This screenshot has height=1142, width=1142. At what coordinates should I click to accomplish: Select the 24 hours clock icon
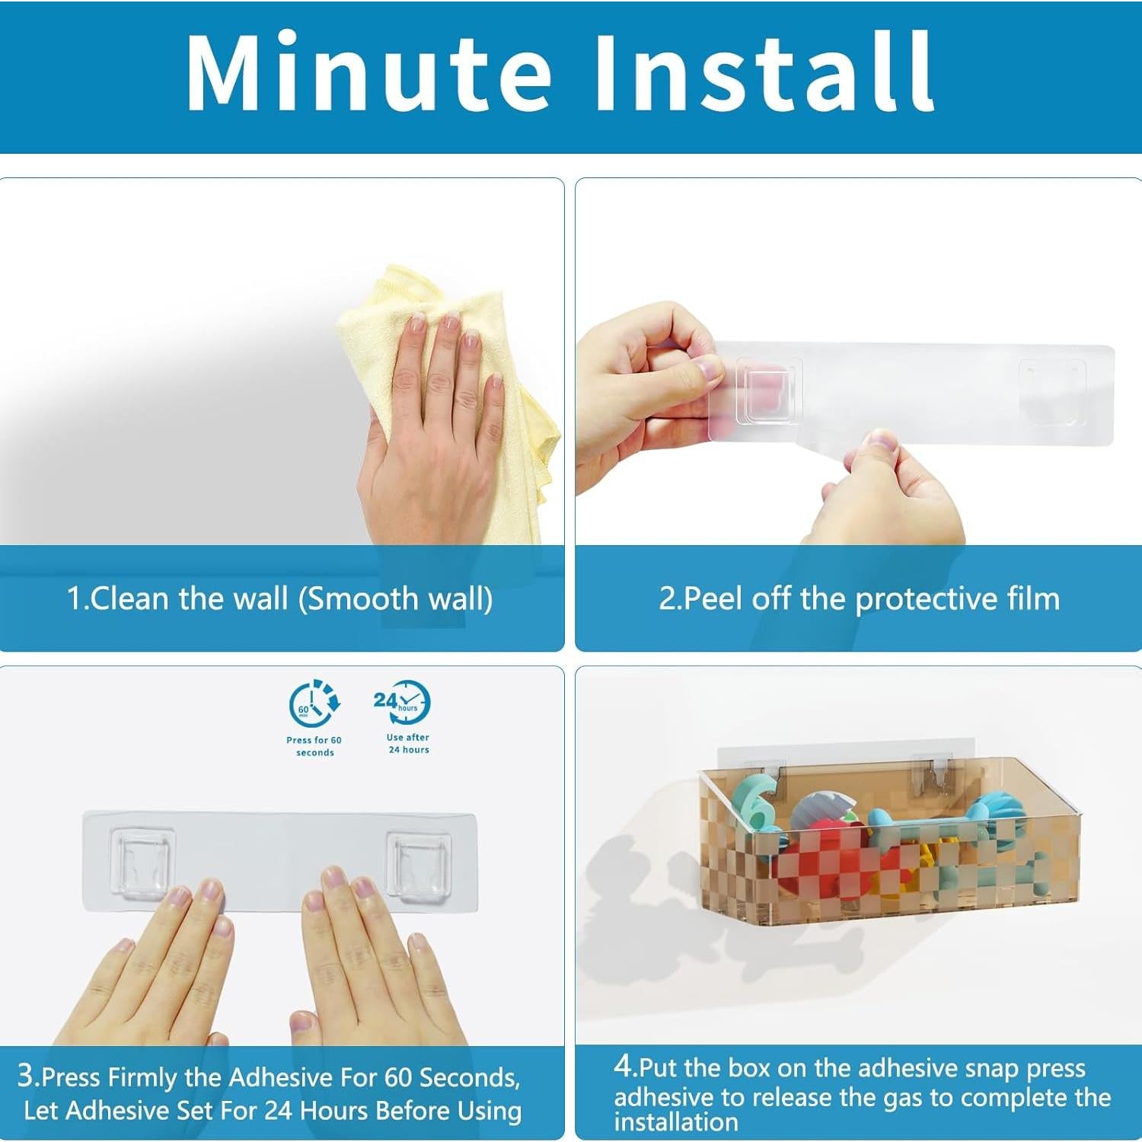pyautogui.click(x=401, y=703)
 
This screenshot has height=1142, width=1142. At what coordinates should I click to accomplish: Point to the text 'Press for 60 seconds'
pyautogui.click(x=314, y=746)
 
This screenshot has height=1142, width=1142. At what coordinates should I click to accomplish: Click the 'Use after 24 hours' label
pyautogui.click(x=408, y=743)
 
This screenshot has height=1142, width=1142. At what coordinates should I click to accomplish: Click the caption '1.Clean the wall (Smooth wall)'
pyautogui.click(x=279, y=598)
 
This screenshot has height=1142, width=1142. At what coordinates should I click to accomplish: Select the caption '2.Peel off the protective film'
pyautogui.click(x=859, y=599)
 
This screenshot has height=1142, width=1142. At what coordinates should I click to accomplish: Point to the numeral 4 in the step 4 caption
pyautogui.click(x=624, y=1065)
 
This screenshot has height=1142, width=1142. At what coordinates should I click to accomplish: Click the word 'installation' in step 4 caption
pyautogui.click(x=676, y=1122)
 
